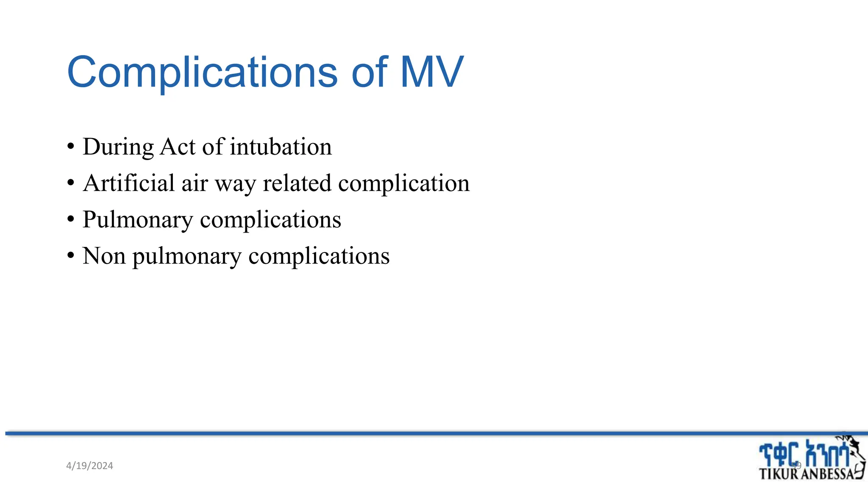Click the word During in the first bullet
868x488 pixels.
[118, 147]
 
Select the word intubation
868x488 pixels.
[281, 147]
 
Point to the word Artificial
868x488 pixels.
[129, 183]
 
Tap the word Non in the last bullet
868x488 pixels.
[104, 256]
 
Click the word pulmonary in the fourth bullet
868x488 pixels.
[187, 257]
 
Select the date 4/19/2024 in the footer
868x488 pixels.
[90, 466]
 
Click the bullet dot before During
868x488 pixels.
[71, 147]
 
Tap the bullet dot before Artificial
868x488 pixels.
[71, 184]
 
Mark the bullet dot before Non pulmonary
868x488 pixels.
[71, 257]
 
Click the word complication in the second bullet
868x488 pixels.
[404, 184]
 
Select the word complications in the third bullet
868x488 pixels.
[270, 220]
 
